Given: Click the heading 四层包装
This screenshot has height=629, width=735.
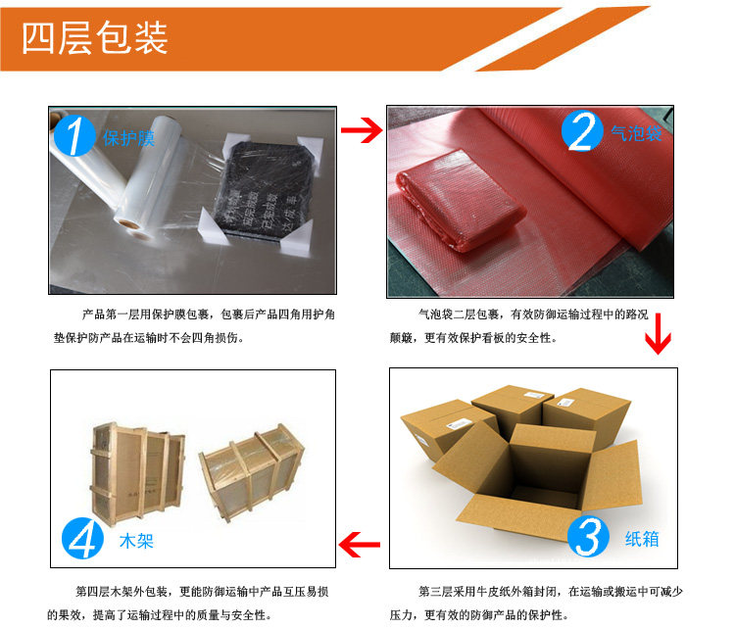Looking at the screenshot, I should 95,37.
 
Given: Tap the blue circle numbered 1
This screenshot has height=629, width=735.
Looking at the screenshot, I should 73,135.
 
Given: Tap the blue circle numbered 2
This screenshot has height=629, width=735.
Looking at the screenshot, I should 583,130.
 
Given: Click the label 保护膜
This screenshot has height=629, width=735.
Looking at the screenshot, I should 129,137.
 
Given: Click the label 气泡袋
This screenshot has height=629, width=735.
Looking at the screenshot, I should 637,132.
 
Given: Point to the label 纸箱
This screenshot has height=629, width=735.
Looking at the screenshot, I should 642,538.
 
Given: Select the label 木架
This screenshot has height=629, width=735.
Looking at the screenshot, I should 136,540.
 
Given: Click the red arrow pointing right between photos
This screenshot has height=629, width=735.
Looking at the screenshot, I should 360,131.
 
